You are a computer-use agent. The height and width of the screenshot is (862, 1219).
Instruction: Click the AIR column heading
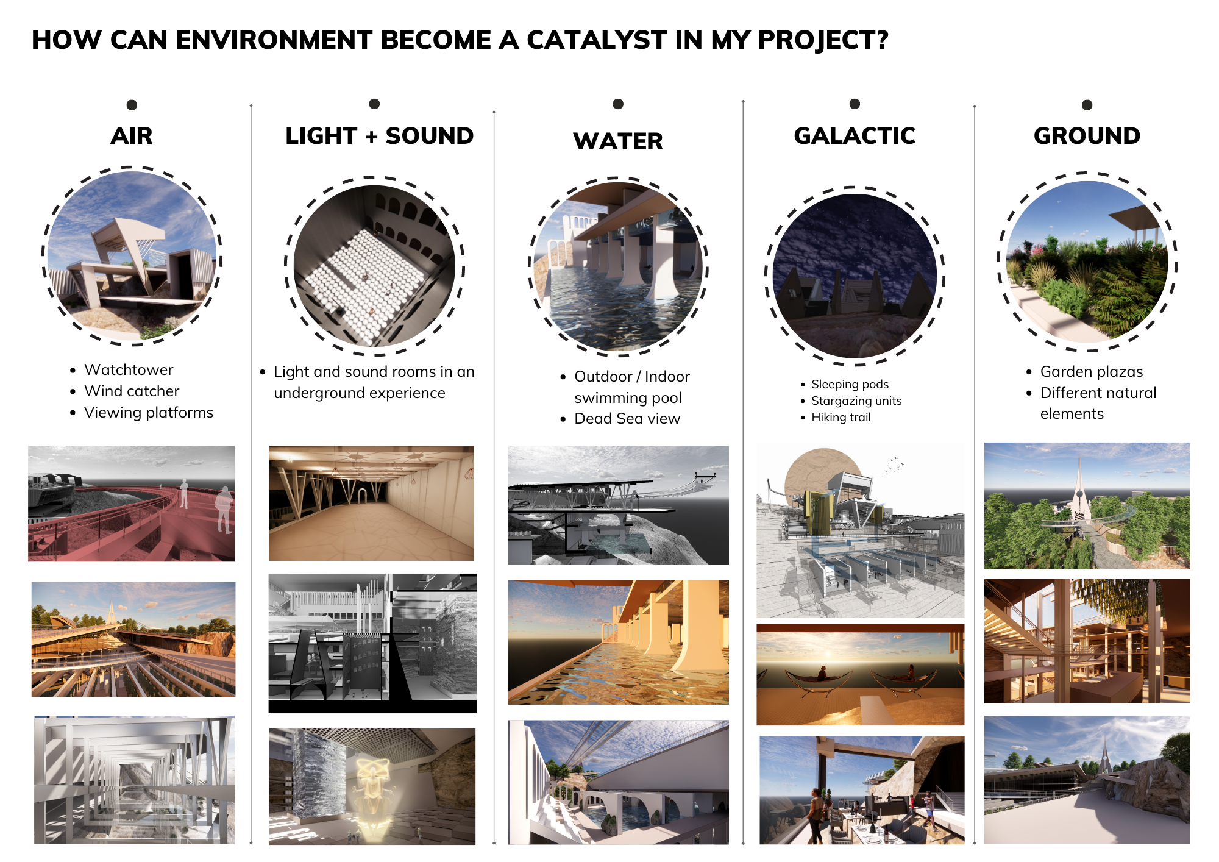[x=132, y=135]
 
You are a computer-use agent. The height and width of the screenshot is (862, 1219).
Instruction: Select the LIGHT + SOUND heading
[x=379, y=135]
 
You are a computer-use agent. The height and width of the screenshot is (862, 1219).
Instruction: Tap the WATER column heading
[x=618, y=141]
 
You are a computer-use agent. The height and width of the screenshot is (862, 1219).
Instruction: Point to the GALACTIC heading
[x=855, y=135]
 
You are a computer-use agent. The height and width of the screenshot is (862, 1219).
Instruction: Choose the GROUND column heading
[x=1087, y=135]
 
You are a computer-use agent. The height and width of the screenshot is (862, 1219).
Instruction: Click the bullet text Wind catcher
[x=132, y=391]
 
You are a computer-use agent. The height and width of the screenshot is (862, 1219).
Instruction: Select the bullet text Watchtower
[x=129, y=369]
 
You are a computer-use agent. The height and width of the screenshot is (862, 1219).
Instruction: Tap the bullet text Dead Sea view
[x=627, y=418]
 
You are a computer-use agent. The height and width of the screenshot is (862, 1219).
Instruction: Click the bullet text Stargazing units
[x=856, y=401]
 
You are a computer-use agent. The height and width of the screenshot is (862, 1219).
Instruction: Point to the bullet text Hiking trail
[x=841, y=417]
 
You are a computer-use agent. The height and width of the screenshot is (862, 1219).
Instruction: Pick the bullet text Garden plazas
[x=1092, y=371]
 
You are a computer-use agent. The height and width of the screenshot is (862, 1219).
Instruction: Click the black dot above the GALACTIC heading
[x=855, y=104]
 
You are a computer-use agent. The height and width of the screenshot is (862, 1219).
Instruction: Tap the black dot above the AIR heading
[x=132, y=105]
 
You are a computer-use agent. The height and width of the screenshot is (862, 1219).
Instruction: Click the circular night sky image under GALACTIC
[x=855, y=276]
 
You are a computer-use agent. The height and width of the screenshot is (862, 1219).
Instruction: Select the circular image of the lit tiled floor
[x=374, y=266]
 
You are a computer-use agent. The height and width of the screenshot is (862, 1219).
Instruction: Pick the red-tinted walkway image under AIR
[x=131, y=504]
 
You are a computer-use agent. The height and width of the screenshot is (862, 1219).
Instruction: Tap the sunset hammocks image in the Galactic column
[x=860, y=674]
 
